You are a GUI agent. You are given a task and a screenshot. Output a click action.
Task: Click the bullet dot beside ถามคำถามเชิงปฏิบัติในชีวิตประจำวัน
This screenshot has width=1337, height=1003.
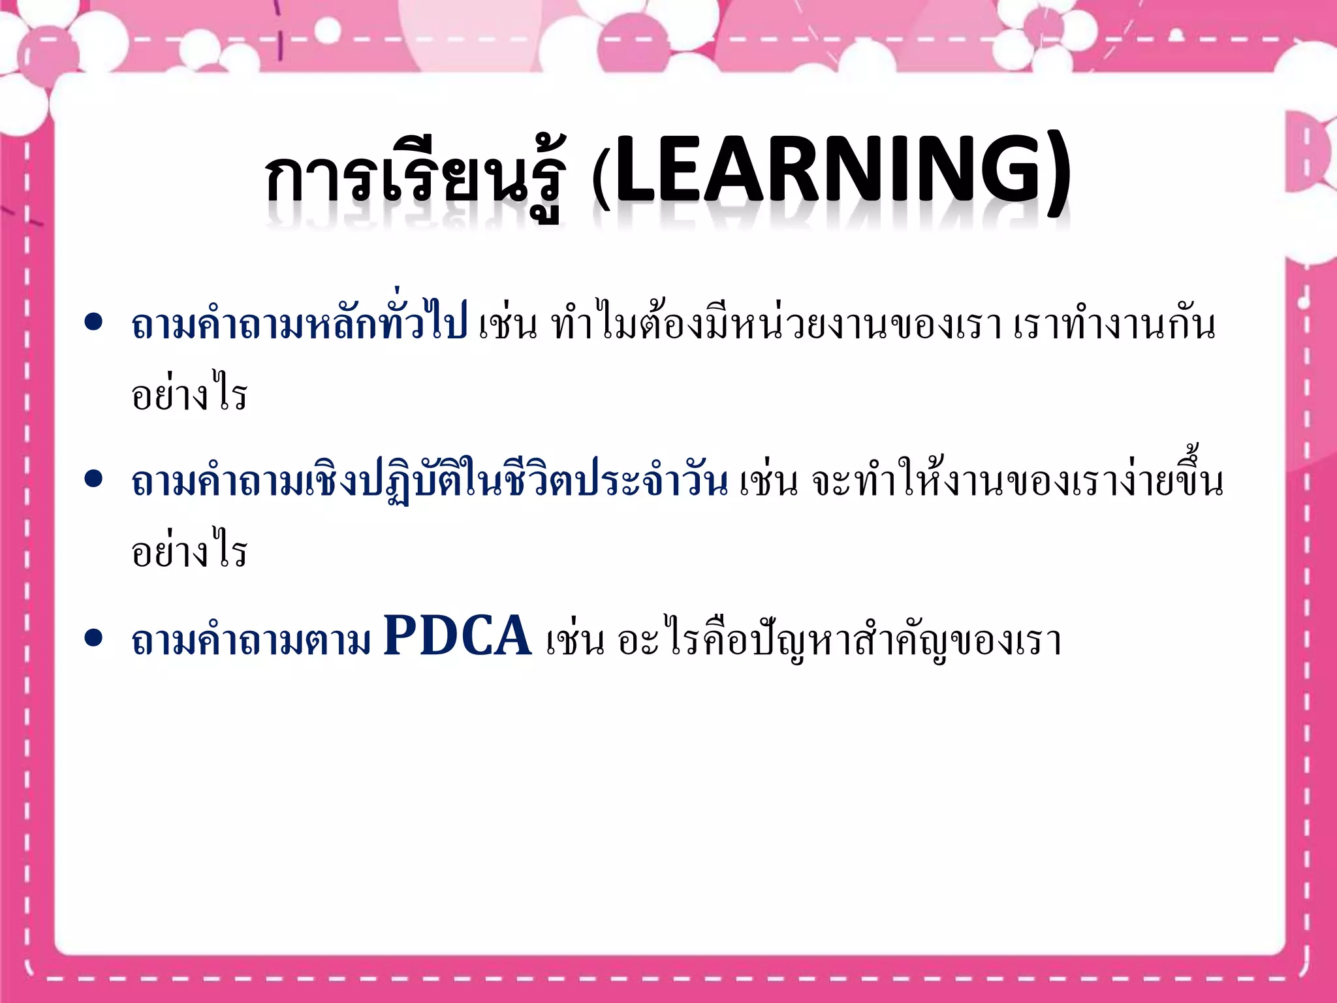point(94,479)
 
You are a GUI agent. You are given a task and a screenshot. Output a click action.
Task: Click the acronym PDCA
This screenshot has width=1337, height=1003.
point(457,636)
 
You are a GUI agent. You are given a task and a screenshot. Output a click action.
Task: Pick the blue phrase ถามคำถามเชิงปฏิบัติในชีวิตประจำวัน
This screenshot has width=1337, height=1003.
point(429,481)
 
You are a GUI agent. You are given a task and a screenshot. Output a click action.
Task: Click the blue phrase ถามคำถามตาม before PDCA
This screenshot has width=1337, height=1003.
point(251,640)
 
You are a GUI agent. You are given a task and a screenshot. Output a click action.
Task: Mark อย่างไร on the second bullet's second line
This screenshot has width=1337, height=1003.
point(189,552)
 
